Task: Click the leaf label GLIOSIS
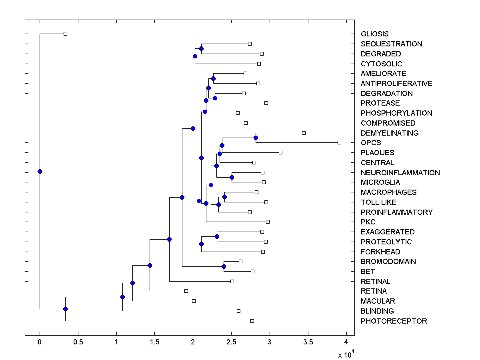[374, 34]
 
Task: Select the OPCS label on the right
[371, 143]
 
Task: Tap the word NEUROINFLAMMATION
[400, 173]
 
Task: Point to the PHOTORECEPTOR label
[394, 321]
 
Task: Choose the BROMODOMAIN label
[388, 262]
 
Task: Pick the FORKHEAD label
[380, 252]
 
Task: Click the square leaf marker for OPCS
[339, 142]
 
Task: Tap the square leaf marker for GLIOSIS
[66, 34]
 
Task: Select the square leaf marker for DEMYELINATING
[304, 133]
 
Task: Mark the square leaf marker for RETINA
[186, 291]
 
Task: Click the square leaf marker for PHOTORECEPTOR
[252, 321]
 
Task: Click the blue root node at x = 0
[40, 171]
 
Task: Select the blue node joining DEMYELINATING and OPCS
[256, 138]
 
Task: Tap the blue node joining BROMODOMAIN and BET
[224, 266]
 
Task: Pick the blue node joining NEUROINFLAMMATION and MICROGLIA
[232, 177]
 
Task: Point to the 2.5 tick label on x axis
[231, 342]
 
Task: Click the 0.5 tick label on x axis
[78, 342]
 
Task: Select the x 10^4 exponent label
[346, 354]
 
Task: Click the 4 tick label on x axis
[346, 342]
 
